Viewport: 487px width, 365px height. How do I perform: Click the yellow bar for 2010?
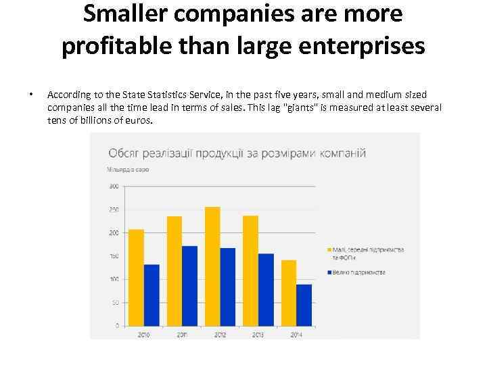(x=136, y=277)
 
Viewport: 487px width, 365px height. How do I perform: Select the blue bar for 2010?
(x=152, y=295)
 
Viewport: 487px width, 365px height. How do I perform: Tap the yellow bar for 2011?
(x=174, y=270)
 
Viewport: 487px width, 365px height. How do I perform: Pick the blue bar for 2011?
(x=189, y=285)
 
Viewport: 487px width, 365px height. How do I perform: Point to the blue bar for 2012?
(x=228, y=287)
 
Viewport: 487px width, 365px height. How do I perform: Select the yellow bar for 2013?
(x=250, y=270)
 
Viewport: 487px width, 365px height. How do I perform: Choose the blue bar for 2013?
(x=266, y=289)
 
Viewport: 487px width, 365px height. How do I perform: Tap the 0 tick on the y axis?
(x=116, y=326)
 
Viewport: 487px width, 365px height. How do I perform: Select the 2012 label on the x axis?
(x=220, y=334)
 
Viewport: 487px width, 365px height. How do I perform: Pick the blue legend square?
(x=329, y=272)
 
